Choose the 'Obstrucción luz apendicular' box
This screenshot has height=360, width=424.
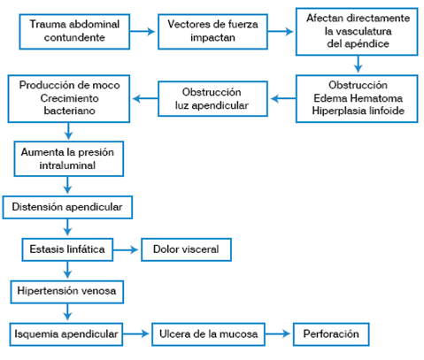coord(213,97)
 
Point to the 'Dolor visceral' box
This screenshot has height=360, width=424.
coord(185,250)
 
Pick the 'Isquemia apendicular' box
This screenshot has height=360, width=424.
coord(66,334)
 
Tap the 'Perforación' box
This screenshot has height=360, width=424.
coord(330,334)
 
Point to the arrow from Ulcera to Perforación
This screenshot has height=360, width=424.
coord(280,334)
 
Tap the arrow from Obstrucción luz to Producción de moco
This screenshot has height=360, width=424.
coord(146,97)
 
